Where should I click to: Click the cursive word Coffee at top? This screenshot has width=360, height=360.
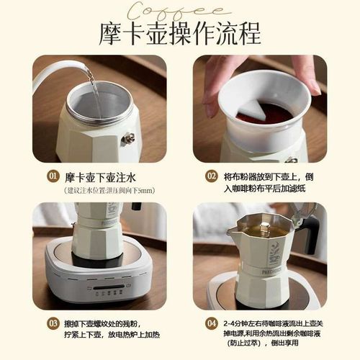181,9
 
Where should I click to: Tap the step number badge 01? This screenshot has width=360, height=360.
53,176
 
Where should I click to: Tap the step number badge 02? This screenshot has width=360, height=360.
211,176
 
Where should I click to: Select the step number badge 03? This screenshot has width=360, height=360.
53,323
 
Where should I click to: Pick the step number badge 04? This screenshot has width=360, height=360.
211,323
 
